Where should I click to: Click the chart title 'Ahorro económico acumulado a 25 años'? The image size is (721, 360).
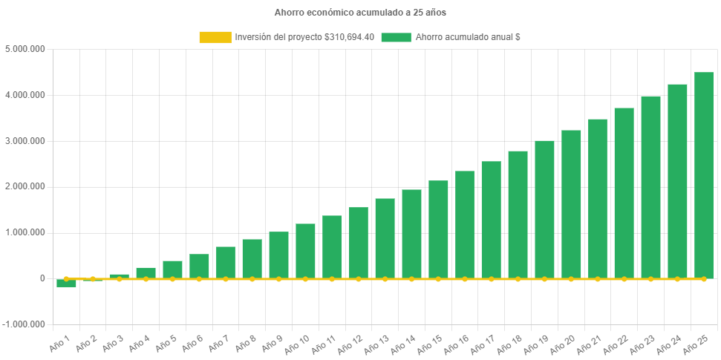coord(360,13)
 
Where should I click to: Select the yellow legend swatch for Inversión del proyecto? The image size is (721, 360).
coord(215,37)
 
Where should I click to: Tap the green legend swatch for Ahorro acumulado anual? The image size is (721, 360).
coord(396,37)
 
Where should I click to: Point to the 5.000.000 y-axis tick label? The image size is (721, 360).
coord(25,49)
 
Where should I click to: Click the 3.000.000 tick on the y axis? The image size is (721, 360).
coord(25,141)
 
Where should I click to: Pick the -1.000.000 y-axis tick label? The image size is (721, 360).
coord(24,324)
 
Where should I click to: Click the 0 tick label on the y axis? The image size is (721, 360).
coord(42,278)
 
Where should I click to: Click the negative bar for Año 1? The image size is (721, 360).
coord(66,284)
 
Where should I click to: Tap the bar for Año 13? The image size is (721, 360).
coord(385,238)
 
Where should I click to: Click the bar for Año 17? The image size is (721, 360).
coord(491,220)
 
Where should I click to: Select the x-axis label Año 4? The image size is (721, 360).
coord(140,343)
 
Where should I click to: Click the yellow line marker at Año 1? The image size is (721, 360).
coord(66,279)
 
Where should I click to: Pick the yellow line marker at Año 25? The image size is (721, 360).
coord(703,279)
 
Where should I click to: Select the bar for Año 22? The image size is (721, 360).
coord(624,193)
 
